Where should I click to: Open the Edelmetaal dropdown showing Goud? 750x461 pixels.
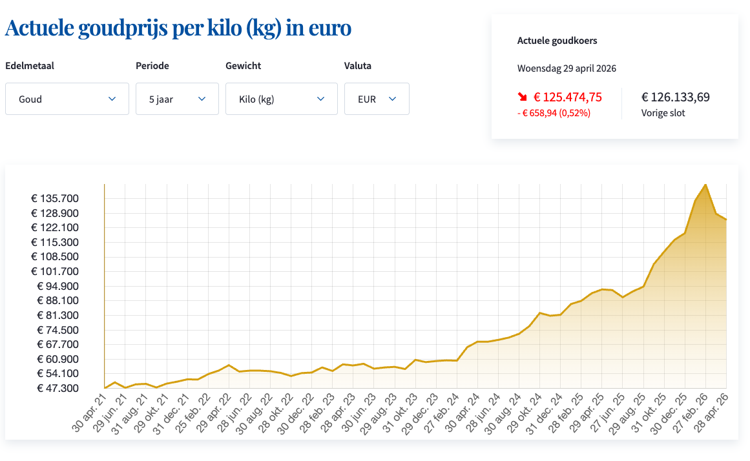click(67, 99)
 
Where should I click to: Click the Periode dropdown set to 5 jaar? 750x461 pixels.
click(177, 99)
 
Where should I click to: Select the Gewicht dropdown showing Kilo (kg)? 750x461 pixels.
click(281, 99)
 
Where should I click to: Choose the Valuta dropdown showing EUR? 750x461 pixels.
click(377, 99)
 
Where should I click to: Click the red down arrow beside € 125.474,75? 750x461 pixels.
click(522, 97)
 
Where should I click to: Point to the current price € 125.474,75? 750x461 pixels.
click(567, 97)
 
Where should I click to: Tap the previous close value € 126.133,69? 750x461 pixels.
click(675, 97)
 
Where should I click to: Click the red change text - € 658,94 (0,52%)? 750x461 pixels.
click(554, 113)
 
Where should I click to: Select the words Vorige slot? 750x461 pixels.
click(663, 113)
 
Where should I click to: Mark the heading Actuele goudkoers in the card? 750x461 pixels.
click(557, 41)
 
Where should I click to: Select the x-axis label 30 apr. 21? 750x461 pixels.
click(89, 413)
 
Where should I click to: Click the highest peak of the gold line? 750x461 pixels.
click(705, 185)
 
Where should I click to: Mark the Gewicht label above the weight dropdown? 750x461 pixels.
click(243, 66)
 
